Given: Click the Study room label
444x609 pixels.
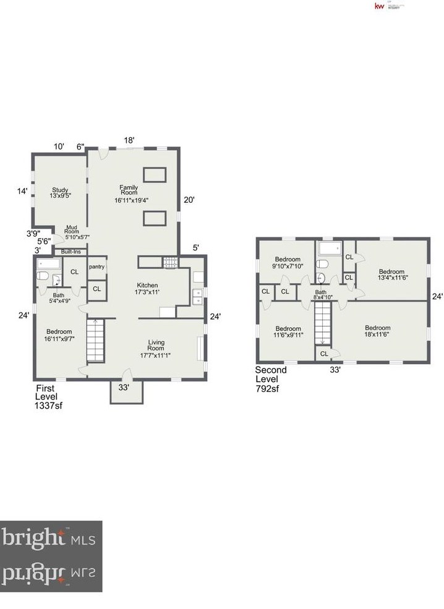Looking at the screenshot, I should tap(59, 190).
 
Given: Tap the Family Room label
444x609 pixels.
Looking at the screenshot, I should tap(129, 190).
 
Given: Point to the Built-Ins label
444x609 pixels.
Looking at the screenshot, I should tap(70, 252).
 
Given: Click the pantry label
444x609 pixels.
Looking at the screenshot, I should tap(96, 267).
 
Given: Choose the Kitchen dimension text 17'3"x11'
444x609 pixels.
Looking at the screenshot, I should tap(148, 292).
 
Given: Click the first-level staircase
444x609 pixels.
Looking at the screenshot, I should tap(95, 340).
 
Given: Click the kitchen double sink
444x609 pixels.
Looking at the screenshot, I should tap(198, 297).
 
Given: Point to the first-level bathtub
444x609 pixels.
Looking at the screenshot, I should tap(47, 264).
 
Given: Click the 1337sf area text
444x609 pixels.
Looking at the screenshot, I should tap(49, 406).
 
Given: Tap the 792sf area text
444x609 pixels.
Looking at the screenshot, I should tap(268, 389).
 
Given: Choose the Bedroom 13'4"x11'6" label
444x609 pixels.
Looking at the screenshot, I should tap(391, 275).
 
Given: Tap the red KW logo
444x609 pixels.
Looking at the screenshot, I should tap(378, 6).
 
